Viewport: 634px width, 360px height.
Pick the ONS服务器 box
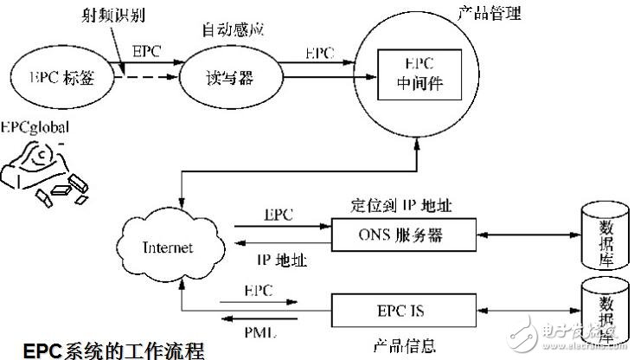pyautogui.click(x=403, y=234)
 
